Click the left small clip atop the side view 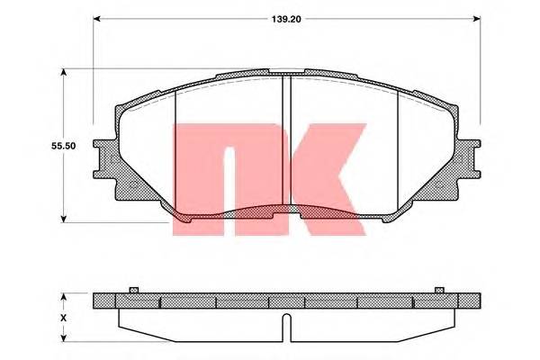pos(132,289)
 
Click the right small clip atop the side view pos(439,289)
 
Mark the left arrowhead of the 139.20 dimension pos(97,17)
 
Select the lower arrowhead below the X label pos(62,337)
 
